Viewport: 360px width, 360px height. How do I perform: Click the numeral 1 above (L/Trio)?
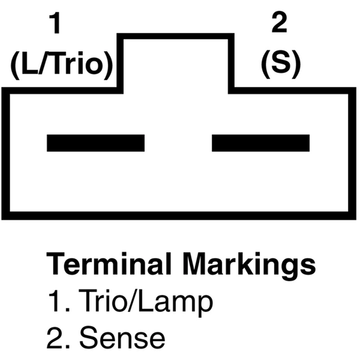[55, 23]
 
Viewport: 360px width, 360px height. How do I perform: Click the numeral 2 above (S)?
[279, 22]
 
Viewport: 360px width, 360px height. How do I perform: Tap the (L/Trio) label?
[62, 65]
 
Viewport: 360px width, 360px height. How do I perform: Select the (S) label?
[280, 64]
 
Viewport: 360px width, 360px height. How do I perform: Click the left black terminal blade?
[96, 143]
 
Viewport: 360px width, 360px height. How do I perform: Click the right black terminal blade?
[260, 143]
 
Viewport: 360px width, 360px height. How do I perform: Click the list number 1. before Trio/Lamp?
[58, 301]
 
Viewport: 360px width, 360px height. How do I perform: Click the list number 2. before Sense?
[58, 338]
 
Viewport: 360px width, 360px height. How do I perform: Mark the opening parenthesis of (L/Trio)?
[15, 66]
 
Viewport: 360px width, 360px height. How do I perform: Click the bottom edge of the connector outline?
[179, 216]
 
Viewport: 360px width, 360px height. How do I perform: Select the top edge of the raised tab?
[176, 36]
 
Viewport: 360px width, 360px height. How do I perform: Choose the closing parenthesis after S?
[296, 65]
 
